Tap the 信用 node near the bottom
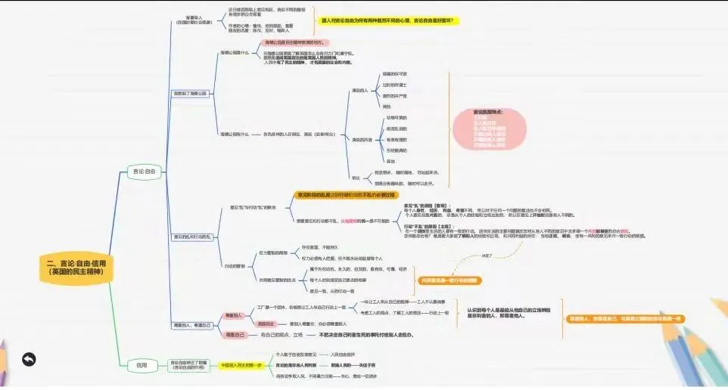(142, 365)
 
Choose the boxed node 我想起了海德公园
(190, 93)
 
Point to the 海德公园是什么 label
(234, 53)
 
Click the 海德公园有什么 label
(235, 135)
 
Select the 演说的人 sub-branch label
(359, 90)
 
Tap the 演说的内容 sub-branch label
(362, 139)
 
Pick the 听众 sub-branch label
(356, 178)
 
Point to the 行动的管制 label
(235, 266)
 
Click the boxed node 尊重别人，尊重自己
(192, 324)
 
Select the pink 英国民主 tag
(234, 323)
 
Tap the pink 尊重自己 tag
(234, 334)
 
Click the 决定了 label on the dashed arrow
(487, 255)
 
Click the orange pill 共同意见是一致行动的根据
(450, 280)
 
